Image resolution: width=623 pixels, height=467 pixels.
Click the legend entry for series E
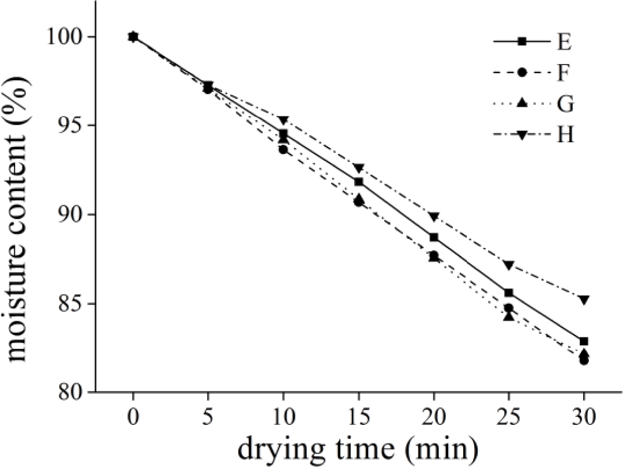click(534, 42)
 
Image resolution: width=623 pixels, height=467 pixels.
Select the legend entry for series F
click(534, 73)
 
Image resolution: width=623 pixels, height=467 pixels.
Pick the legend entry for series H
click(534, 135)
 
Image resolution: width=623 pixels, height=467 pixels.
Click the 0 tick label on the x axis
click(133, 416)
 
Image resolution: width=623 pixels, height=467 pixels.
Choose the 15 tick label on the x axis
click(358, 416)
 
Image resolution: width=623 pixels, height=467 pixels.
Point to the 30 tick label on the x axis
click(584, 416)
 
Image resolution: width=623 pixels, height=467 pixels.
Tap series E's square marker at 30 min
click(584, 341)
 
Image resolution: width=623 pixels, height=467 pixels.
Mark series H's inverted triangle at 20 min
click(434, 217)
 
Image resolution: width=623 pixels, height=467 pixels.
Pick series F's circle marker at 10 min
click(283, 149)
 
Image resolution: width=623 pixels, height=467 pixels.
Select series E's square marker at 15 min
click(358, 182)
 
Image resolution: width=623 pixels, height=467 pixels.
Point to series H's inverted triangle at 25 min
click(508, 265)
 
